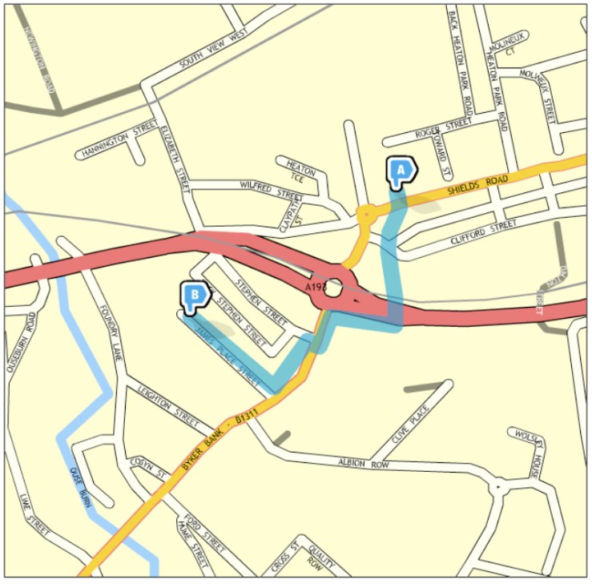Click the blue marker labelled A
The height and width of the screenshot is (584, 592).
(401, 171)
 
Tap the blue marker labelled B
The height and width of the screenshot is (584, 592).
(193, 296)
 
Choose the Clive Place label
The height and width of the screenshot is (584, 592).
(410, 425)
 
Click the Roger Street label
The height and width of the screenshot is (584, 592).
(443, 127)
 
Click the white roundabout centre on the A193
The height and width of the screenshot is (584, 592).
(333, 286)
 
